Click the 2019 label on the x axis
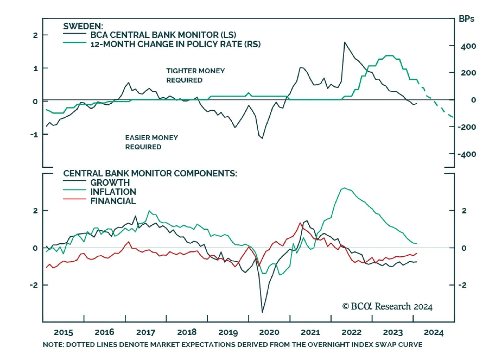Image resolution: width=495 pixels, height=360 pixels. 228,332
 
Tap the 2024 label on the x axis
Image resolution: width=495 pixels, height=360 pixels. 433,332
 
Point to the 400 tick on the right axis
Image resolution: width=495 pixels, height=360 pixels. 468,46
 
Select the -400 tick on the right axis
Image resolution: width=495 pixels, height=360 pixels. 467,154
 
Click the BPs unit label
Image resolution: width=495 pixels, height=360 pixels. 466,19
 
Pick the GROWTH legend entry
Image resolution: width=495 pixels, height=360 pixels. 110,183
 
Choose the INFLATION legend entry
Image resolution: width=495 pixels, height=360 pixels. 113,192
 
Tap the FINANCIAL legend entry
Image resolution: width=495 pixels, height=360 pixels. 113,201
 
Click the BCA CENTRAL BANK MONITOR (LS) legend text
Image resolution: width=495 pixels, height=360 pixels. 163,35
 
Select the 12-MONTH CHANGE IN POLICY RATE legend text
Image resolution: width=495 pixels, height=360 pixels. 175,44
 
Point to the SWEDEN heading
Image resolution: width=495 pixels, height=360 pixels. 83,26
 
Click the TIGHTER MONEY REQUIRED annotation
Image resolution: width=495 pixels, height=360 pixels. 195,76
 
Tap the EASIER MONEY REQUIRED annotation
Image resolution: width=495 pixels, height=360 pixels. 151,142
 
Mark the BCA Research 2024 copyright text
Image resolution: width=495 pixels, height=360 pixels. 387,306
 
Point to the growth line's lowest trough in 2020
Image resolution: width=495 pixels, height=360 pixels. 262,312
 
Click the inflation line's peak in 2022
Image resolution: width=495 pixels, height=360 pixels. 344,188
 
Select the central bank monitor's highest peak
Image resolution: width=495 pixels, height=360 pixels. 345,42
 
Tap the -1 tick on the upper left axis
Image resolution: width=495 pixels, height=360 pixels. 34,135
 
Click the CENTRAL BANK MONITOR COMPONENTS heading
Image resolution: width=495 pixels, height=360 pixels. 150,173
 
